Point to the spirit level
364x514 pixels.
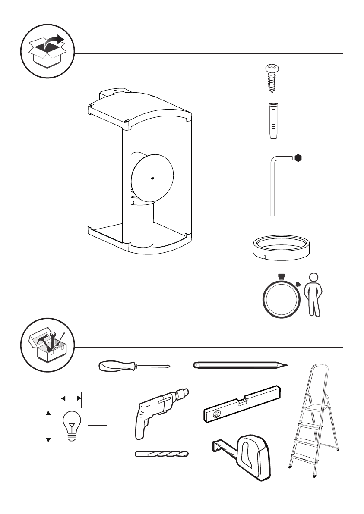click(242, 404)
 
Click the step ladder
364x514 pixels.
click(313, 423)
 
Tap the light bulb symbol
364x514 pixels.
click(72, 425)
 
